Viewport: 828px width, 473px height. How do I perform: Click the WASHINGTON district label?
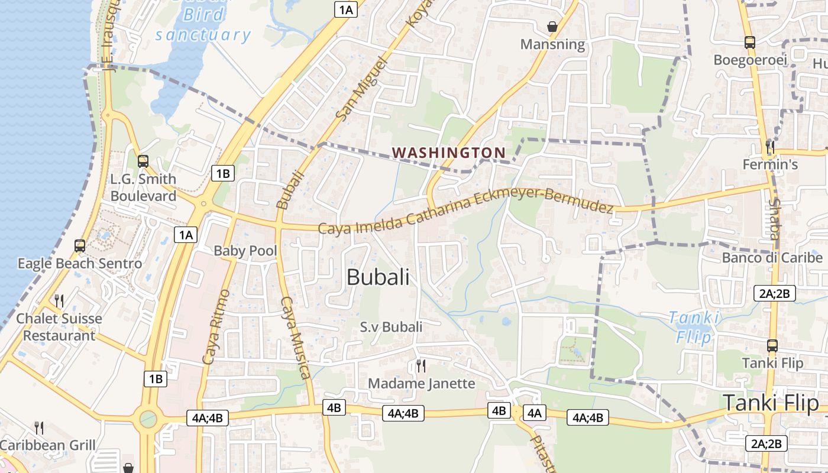coord(449,153)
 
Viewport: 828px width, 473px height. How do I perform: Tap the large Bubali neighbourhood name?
coord(378,277)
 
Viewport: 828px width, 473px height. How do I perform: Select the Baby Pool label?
coord(245,251)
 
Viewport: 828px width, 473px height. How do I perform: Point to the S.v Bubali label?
coord(391,327)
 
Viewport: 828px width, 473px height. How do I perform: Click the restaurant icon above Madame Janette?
coord(421,366)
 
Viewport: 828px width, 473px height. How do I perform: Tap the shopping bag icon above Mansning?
coord(552,27)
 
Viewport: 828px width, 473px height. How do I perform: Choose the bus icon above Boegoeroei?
coord(749,43)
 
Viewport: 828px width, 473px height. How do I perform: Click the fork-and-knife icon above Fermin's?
coord(769,146)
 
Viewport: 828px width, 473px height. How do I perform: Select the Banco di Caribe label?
coord(772,258)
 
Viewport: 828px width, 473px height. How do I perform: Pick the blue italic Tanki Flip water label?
coord(694,327)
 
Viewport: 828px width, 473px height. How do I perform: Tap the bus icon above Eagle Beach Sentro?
coord(79,245)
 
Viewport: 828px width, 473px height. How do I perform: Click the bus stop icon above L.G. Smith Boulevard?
coord(143,161)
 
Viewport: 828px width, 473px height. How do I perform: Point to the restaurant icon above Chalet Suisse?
coord(59,301)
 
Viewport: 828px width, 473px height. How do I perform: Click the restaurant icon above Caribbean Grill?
coord(39,427)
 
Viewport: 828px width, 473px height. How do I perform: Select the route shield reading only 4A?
coord(535,413)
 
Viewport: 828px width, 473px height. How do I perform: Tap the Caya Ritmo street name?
coord(216,326)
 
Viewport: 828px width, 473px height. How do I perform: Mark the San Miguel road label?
coord(360,89)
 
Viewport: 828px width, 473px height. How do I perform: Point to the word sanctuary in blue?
coord(203,34)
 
